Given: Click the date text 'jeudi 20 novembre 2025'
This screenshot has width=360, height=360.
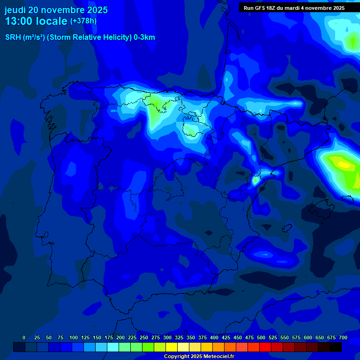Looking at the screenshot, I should [56, 10].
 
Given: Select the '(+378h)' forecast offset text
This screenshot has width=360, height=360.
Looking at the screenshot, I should [83, 21].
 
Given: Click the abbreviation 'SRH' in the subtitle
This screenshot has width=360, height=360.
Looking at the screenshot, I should [13, 37].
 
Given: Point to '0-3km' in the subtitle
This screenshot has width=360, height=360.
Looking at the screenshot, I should [144, 37].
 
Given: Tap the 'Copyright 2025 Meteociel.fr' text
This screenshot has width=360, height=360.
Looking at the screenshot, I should [199, 356].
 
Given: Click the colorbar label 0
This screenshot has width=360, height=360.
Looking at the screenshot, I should [24, 337].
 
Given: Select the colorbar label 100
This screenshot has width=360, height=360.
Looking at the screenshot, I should [74, 337].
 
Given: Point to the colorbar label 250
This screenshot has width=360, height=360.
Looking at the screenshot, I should [144, 337].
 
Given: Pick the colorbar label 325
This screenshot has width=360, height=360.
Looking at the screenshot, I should [179, 337].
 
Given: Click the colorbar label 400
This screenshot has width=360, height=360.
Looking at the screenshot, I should [214, 337].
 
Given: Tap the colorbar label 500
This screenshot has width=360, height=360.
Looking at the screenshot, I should [261, 337].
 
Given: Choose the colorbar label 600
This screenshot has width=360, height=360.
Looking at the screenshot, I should [308, 337].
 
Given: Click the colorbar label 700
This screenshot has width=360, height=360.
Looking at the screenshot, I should [343, 337].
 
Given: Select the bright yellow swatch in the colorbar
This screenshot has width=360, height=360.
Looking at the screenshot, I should [172, 347].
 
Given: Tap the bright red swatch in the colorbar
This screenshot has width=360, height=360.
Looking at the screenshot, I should [265, 347].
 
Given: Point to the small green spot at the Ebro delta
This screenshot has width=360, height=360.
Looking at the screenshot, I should [255, 180].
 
